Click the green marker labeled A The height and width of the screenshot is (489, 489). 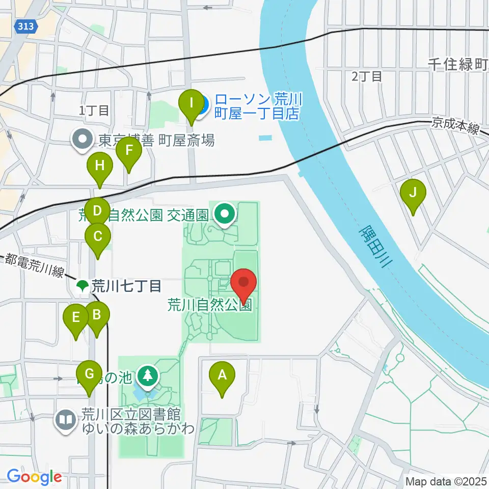pyautogui.click(x=222, y=376)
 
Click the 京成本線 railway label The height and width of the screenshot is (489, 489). pyautogui.click(x=455, y=126)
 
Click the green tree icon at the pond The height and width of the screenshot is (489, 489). pyautogui.click(x=148, y=376)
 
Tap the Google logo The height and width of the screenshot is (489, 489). pyautogui.click(x=34, y=477)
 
